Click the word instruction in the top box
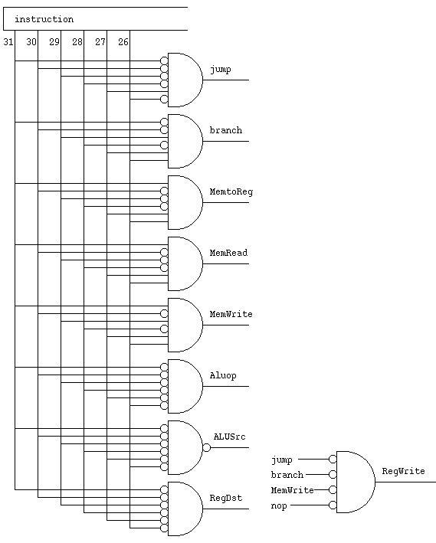coord(44,19)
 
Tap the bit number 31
coord(8,42)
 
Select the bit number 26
coord(123,42)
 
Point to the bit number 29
coord(54,42)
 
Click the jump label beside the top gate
coord(221,70)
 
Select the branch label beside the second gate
coord(226,130)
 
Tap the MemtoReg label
coord(231,192)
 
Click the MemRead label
coord(228,253)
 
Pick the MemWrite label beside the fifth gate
coord(231,314)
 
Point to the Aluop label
coord(223,376)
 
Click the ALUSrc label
coord(229,437)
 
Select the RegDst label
coord(225,498)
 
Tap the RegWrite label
coord(403,471)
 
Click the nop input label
coord(279,506)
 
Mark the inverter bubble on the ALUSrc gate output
coord(207,448)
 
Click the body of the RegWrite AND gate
coord(356,482)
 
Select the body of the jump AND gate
coord(185,80)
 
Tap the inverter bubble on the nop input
coord(333,505)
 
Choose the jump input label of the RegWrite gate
coord(281,460)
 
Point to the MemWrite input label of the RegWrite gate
coord(292,490)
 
